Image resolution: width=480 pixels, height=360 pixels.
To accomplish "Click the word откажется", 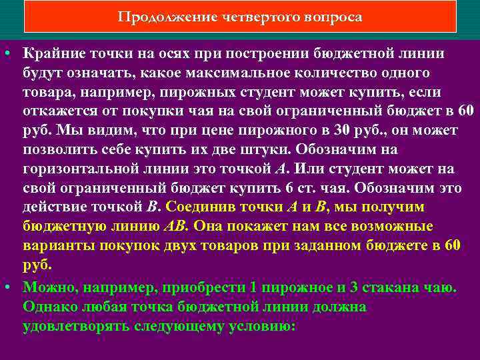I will click(x=57, y=111).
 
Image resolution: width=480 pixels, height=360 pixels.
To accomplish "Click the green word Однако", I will click(x=48, y=307).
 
